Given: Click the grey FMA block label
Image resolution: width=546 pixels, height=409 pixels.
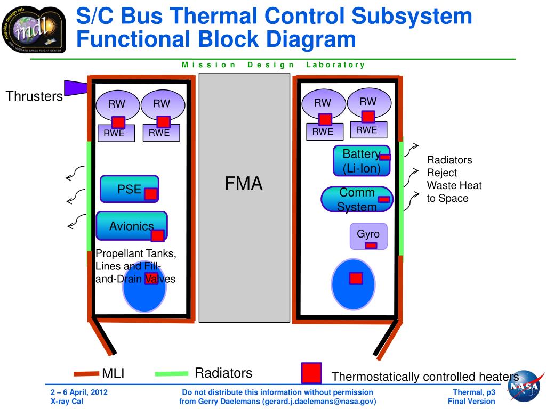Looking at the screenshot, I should pos(244,184).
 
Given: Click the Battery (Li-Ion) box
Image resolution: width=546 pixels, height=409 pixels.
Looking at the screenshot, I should pos(358,161).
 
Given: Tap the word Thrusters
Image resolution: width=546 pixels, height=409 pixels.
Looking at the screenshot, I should pos(34,96).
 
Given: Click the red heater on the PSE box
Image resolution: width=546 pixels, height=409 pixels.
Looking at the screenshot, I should pos(151,194).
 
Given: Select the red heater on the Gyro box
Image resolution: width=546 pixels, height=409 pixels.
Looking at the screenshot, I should pos(371,246).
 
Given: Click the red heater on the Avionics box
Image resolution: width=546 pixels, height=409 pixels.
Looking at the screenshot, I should pos(157,235).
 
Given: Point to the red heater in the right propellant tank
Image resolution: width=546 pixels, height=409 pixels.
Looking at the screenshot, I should pos(356,278).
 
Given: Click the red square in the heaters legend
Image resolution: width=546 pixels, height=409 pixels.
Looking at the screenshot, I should pos(311,373).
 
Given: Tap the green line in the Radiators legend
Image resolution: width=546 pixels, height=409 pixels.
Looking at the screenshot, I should pos(171,374).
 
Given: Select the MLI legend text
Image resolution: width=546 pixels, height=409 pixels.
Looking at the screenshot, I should pos(113,374).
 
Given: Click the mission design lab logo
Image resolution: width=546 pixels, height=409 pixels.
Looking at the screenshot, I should pos(33,30).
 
